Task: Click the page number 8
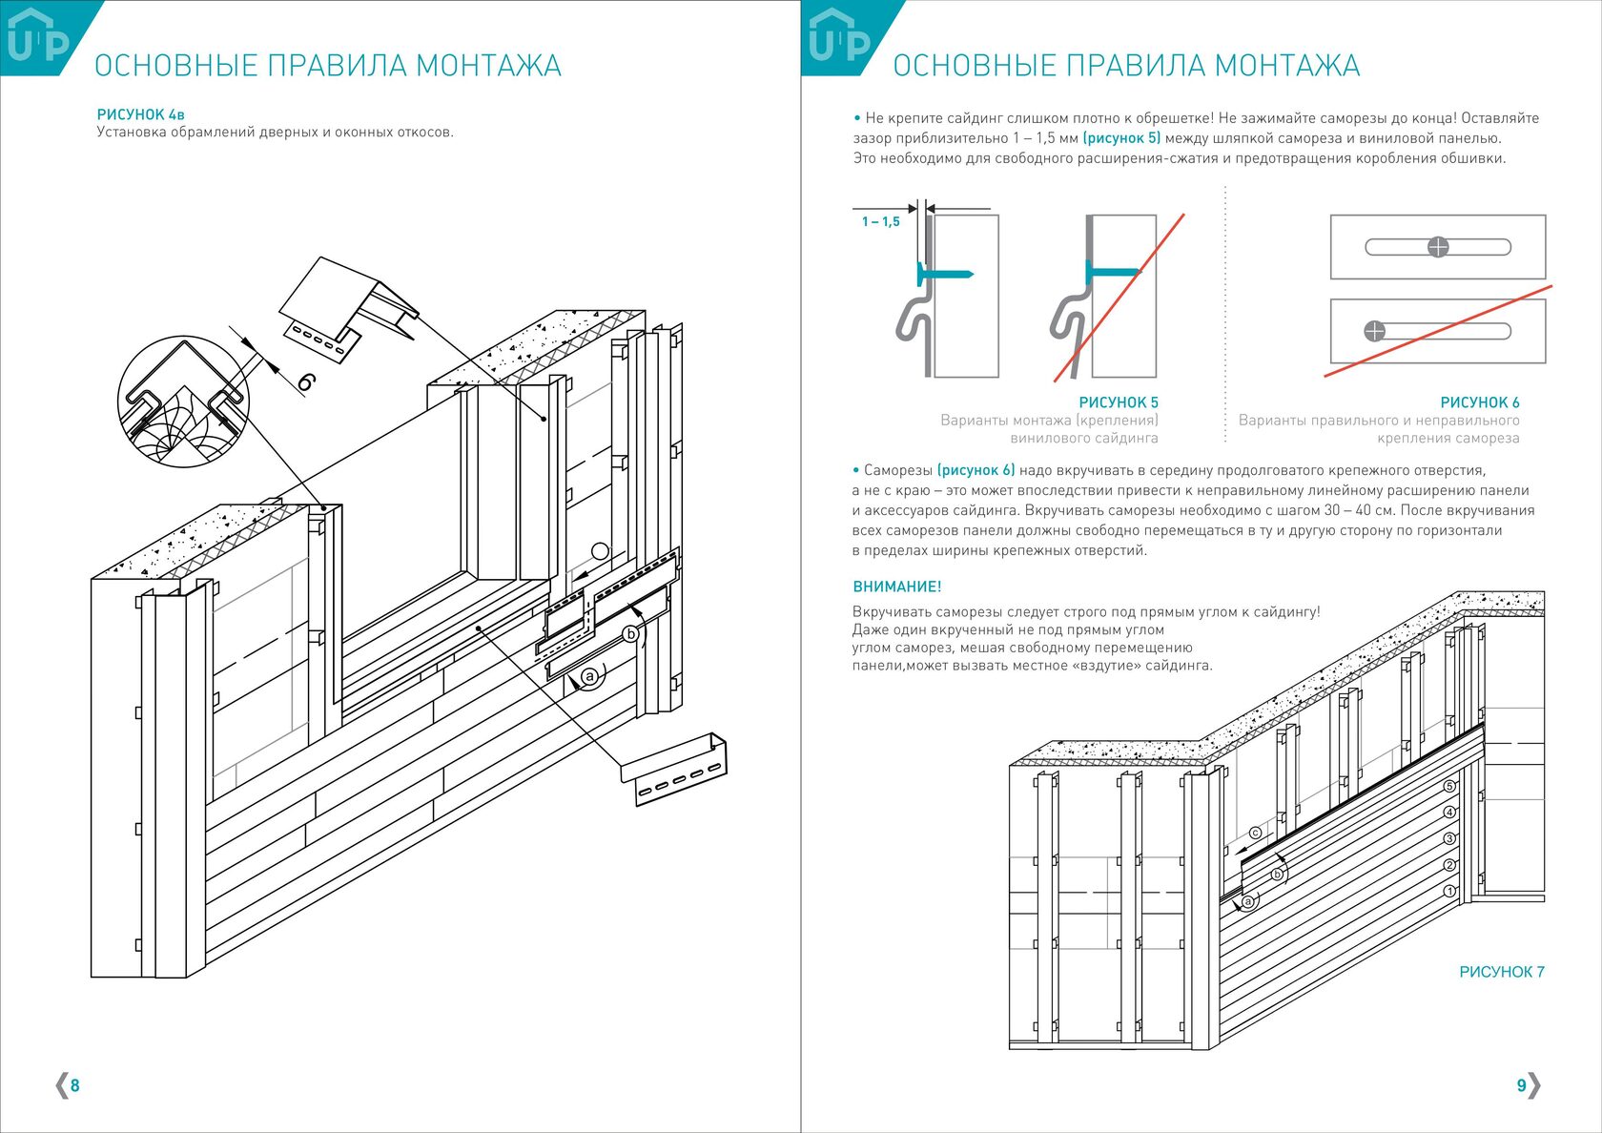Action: (75, 1085)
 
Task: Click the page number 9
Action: (1521, 1085)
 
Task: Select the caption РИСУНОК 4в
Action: (140, 114)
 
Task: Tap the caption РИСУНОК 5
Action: (1118, 402)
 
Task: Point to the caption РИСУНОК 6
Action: (1479, 402)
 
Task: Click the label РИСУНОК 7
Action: (1501, 972)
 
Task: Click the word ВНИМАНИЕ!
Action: (896, 587)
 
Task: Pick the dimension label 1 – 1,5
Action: (880, 222)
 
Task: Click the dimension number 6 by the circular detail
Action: (305, 381)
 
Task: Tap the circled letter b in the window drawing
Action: (630, 634)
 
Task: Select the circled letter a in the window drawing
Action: (589, 676)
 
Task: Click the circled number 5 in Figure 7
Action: (1449, 787)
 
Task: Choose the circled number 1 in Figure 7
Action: (1449, 891)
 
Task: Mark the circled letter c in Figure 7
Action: (1255, 833)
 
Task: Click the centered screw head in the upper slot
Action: (1438, 247)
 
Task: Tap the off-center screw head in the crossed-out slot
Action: (1374, 331)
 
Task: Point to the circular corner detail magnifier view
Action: (183, 401)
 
